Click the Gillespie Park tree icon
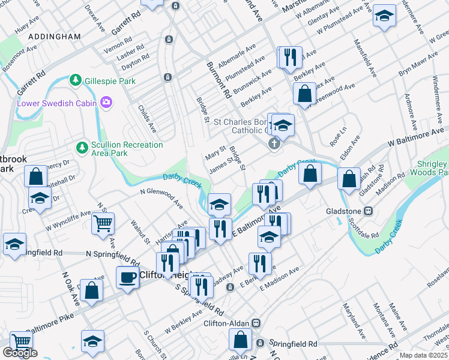[x=76, y=80]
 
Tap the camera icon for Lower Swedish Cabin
[x=106, y=103]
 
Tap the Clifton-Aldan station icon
[x=256, y=323]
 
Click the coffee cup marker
[x=127, y=277]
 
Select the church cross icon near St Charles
[x=274, y=143]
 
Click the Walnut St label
[x=139, y=232]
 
